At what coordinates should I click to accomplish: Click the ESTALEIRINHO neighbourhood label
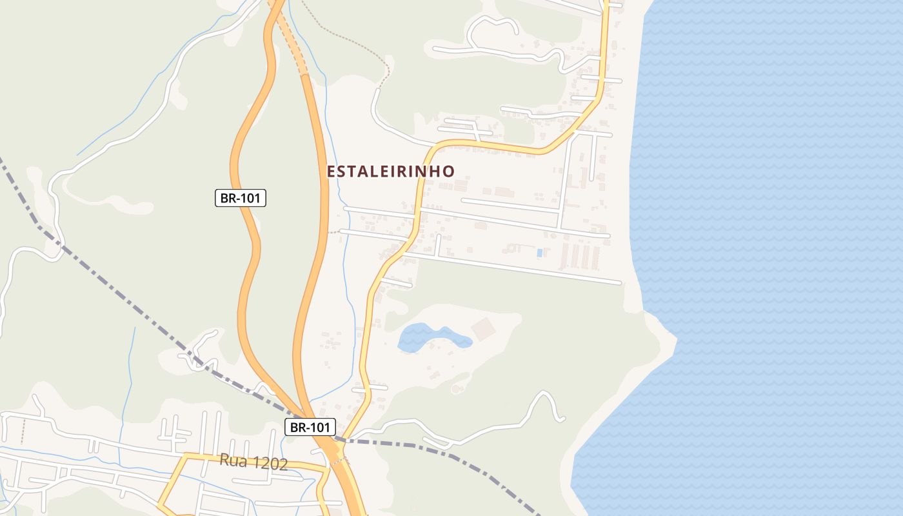pos(390,171)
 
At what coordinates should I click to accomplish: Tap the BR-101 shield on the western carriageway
pos(241,198)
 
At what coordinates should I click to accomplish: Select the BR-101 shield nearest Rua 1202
pos(310,426)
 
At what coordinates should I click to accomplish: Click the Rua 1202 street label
pos(253,462)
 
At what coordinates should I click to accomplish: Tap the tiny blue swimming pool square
pos(539,253)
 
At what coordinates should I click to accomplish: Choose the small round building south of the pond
pos(457,388)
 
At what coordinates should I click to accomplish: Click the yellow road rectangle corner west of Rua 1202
pos(185,455)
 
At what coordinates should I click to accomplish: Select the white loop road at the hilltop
pos(493,26)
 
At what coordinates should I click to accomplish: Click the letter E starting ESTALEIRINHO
pos(331,172)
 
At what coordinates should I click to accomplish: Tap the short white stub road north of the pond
pos(396,283)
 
